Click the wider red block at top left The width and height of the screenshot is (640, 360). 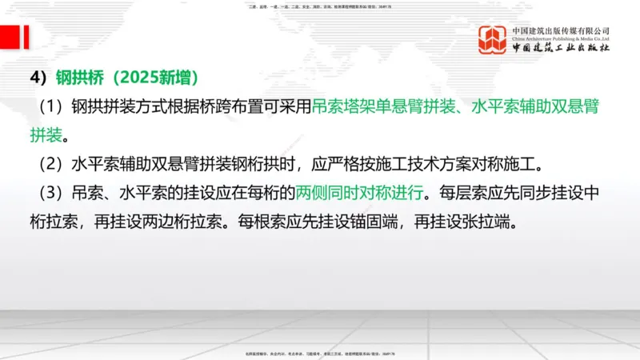pyautogui.click(x=10, y=36)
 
